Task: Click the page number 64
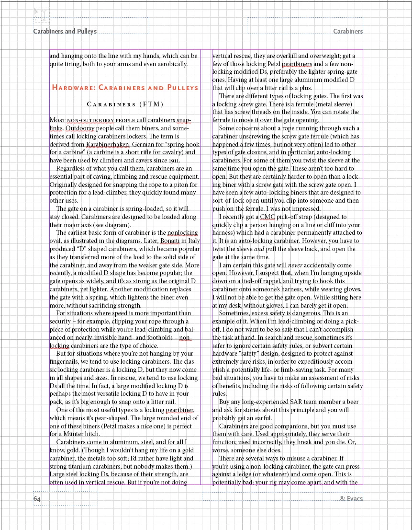point(37,499)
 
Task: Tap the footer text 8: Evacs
point(351,498)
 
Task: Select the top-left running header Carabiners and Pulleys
point(65,31)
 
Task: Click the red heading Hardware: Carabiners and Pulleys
point(125,88)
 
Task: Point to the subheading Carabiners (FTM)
point(125,104)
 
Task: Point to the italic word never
point(295,265)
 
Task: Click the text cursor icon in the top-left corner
point(43,14)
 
